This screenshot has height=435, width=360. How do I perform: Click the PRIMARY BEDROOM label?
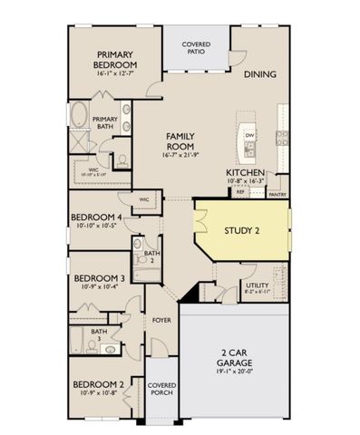click(116, 60)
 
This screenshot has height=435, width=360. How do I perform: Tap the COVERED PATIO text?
click(196, 48)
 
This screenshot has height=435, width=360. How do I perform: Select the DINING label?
click(259, 75)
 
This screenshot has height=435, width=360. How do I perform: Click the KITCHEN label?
click(245, 171)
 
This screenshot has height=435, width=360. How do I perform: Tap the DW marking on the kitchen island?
click(248, 135)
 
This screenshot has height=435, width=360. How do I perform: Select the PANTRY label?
click(277, 193)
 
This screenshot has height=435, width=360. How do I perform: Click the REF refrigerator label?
click(240, 192)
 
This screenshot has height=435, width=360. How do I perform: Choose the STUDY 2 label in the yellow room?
click(242, 231)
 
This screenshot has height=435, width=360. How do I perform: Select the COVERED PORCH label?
click(161, 390)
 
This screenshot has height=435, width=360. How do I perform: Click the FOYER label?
click(161, 320)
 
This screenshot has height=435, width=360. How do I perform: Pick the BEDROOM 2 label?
click(99, 385)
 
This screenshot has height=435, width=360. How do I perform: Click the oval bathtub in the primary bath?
click(81, 117)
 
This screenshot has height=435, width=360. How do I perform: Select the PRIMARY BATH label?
click(105, 123)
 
